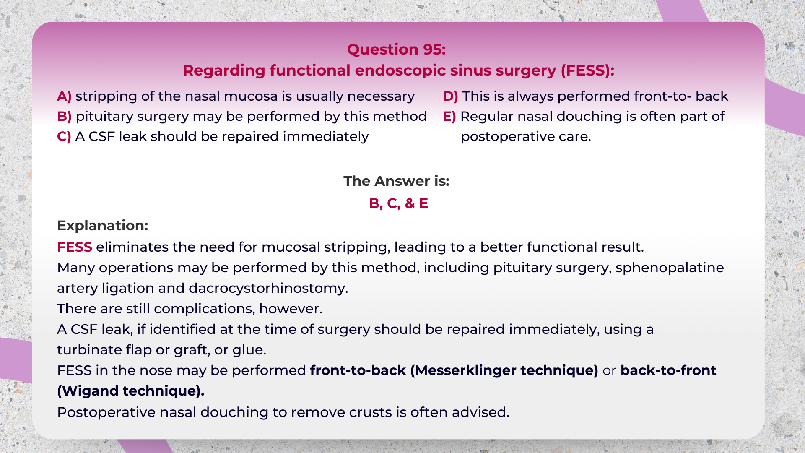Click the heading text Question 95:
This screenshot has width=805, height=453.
pos(396,49)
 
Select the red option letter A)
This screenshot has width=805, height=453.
pos(64,96)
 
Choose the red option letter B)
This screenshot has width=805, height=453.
pos(64,116)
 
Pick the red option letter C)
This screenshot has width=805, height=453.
pos(64,136)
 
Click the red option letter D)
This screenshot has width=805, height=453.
pos(450,96)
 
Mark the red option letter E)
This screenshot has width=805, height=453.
pos(449,116)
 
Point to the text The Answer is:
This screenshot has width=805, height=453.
pos(396,181)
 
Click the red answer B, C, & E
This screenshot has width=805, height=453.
pos(398,203)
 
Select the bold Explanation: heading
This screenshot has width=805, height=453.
pos(103,225)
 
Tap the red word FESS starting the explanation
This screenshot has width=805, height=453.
pos(75,247)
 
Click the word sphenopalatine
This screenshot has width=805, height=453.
pos(670,268)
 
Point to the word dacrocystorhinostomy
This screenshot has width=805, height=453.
pos(268,288)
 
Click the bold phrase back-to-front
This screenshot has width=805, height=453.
pos(668,370)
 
